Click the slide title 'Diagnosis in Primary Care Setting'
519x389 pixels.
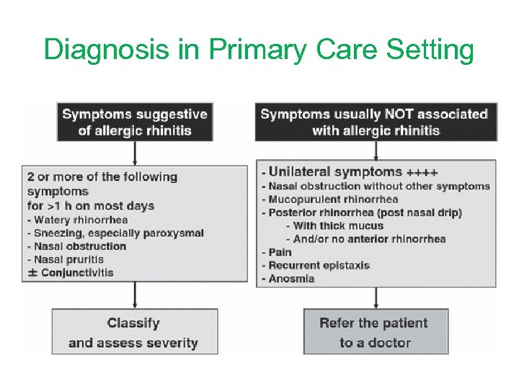(x=259, y=50)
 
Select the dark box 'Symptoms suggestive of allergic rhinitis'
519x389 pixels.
(x=135, y=122)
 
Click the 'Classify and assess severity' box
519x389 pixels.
(x=133, y=333)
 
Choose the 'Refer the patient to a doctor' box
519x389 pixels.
(x=375, y=333)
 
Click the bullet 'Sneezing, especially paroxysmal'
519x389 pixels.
(x=115, y=233)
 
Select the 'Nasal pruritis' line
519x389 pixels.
(x=66, y=259)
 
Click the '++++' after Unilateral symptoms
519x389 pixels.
(x=422, y=173)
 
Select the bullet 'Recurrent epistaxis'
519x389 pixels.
(x=316, y=265)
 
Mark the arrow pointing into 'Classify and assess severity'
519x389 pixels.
(x=135, y=295)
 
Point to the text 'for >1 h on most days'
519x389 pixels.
(x=91, y=206)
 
